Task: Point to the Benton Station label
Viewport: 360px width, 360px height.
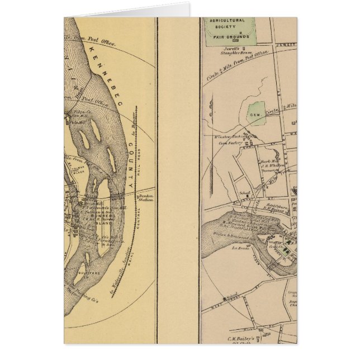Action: tap(146, 199)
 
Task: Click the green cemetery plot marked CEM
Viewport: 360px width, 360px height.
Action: tap(257, 113)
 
